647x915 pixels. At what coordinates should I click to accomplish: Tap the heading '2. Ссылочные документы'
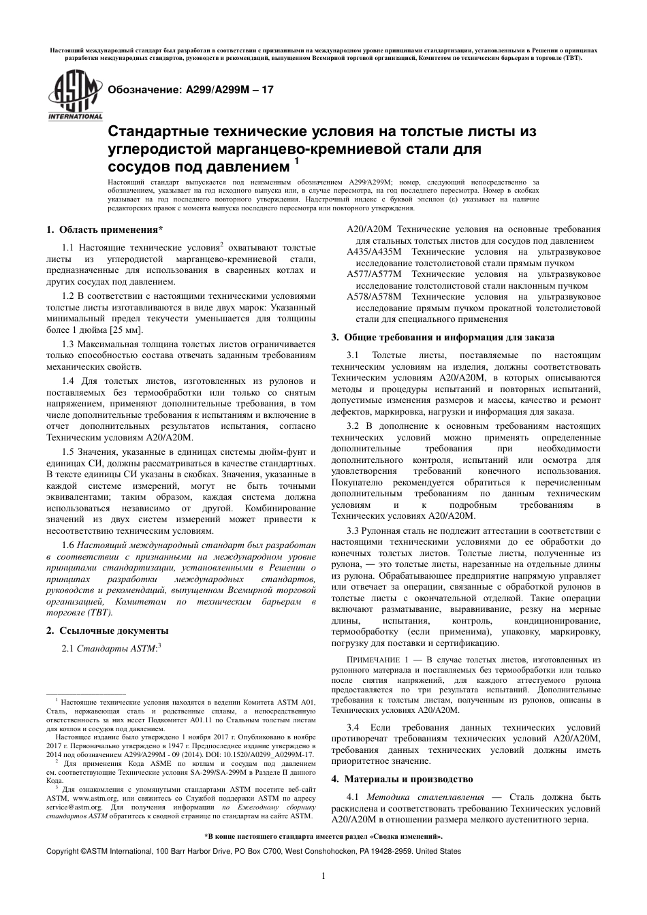point(107,630)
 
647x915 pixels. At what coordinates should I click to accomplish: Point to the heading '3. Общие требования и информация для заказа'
point(443,337)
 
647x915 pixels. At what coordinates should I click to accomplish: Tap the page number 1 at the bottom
point(323,876)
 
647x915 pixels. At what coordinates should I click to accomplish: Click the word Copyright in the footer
point(62,851)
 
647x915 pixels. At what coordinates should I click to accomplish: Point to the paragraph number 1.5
point(68,452)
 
